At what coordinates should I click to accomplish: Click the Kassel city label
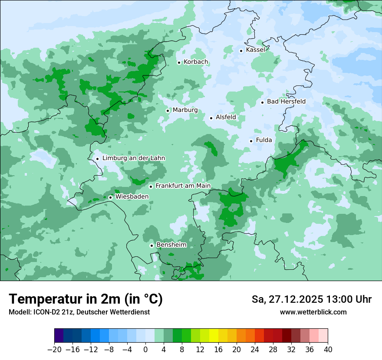255,50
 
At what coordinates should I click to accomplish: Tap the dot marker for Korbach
179,62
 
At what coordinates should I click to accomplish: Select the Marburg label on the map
185,110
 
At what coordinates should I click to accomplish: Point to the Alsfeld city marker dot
211,118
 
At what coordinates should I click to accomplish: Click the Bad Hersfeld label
286,101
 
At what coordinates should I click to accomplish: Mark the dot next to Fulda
251,141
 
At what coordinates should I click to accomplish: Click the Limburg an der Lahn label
133,158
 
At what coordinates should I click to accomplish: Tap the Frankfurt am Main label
183,186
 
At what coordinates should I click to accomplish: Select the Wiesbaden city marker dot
110,197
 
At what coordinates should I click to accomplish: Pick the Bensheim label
171,245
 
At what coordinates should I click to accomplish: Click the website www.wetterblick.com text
313,312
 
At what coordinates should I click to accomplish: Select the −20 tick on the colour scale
54,350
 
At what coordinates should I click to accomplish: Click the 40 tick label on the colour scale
328,350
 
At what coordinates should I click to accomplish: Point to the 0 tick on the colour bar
145,350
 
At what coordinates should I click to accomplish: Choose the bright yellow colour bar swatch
214,336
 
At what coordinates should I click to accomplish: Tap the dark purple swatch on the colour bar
59,336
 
